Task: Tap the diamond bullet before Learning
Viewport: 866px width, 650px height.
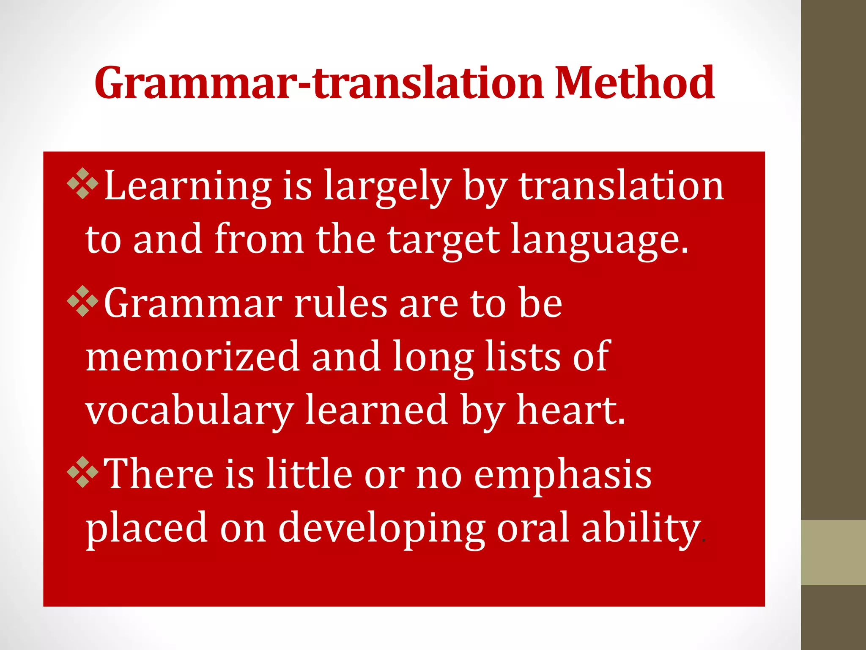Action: click(x=83, y=183)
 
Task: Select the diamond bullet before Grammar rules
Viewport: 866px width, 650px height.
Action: click(x=83, y=301)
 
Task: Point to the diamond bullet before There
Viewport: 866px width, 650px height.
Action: click(x=83, y=472)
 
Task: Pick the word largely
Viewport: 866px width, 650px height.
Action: click(x=387, y=186)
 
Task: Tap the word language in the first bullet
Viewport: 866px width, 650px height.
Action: click(x=600, y=240)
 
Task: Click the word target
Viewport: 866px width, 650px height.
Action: click(x=444, y=240)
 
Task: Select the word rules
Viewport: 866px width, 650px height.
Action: click(x=340, y=303)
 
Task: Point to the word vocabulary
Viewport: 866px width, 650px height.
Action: click(x=189, y=410)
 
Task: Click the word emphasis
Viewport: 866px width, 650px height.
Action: click(x=563, y=475)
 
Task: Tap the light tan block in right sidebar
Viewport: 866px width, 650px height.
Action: click(x=833, y=552)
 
